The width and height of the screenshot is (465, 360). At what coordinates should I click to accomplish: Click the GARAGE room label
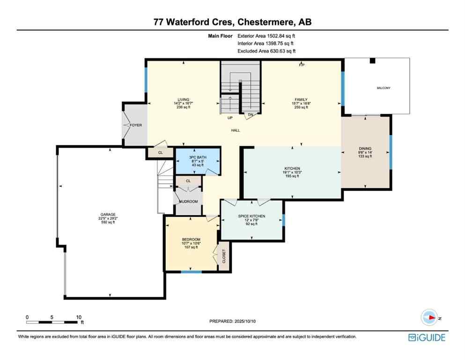coord(107,215)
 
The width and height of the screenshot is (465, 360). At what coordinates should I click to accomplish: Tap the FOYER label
coord(136,125)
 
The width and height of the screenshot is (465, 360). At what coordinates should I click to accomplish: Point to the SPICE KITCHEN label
coord(252,216)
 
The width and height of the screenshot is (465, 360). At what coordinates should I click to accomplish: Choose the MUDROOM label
coord(189,201)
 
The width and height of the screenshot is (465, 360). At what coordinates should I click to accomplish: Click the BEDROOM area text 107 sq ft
coord(191,247)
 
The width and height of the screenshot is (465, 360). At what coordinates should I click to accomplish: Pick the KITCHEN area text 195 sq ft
coord(292,176)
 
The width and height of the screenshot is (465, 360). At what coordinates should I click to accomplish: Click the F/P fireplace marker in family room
coord(302,65)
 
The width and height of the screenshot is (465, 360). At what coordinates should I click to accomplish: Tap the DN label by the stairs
coord(251,114)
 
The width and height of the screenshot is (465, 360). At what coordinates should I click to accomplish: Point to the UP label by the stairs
coord(230,118)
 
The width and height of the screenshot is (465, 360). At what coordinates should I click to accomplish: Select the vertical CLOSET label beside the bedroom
coord(224,256)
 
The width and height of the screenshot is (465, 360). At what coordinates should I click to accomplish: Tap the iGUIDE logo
coord(427,337)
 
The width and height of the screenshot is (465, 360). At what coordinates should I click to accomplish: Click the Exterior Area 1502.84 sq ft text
coord(266,35)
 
